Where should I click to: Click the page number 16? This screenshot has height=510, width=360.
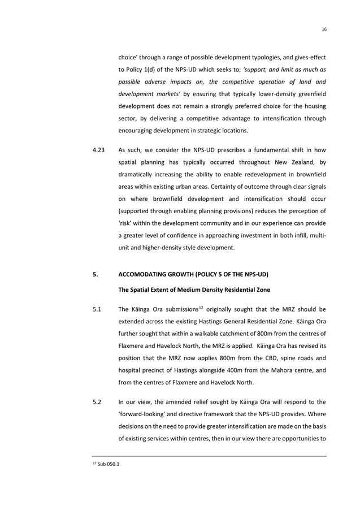[324, 29]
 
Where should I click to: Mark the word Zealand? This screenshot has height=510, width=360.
[304, 164]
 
